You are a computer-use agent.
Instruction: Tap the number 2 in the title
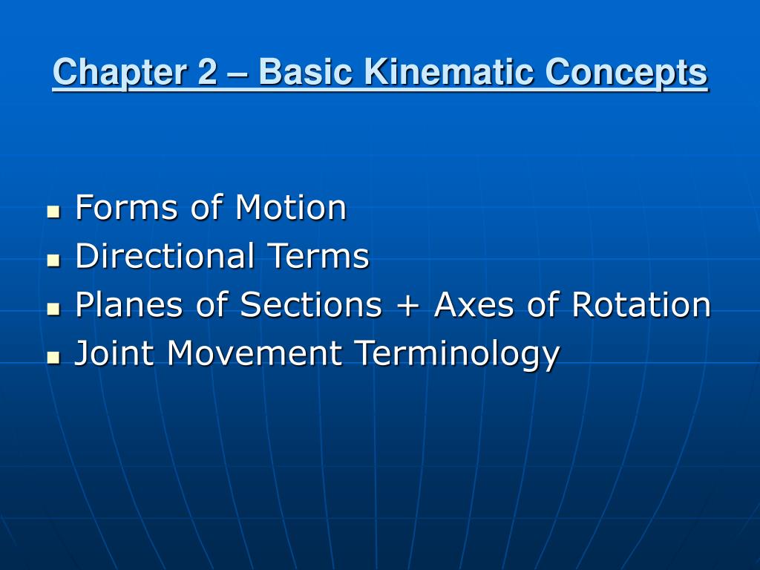[x=207, y=73]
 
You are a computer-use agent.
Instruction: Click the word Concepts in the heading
[x=626, y=73]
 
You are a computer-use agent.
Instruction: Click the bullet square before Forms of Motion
[x=53, y=212]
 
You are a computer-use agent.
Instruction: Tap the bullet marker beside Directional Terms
[x=53, y=261]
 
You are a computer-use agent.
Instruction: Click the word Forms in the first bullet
[x=126, y=208]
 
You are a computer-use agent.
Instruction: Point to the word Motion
[x=290, y=208]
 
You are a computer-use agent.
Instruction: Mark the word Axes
[x=475, y=305]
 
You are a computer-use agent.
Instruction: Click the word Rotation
[x=641, y=305]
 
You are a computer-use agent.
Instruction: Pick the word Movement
[x=255, y=354]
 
